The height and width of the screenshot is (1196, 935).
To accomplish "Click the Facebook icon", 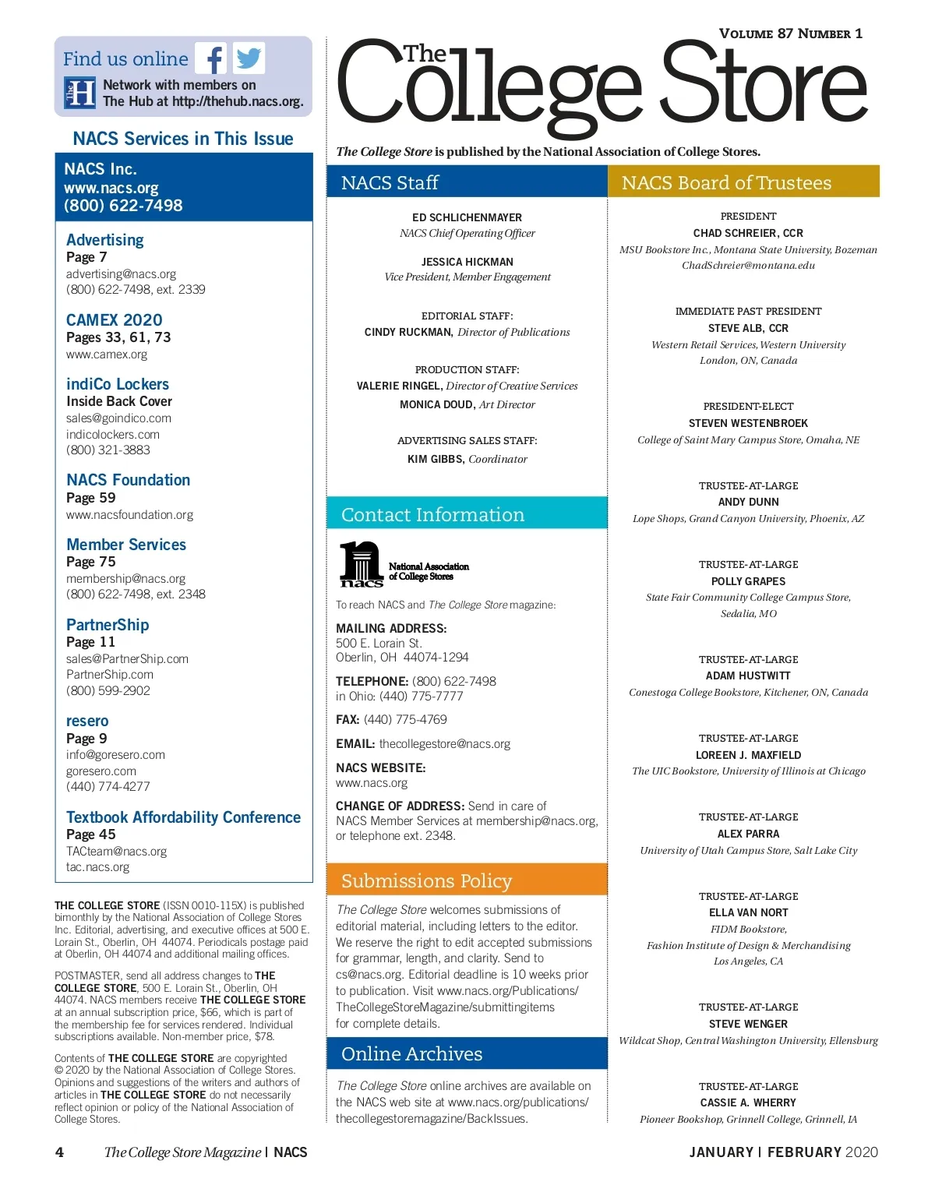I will pos(211,58).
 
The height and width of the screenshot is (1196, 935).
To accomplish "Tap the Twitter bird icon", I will pos(249,58).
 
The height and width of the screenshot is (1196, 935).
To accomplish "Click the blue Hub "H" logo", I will pos(80,93).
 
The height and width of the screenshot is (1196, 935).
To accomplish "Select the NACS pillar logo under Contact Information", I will pos(361,564).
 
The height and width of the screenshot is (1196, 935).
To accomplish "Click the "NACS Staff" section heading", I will pos(390,183).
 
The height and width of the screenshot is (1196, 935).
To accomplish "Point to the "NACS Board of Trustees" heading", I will pos(726,183).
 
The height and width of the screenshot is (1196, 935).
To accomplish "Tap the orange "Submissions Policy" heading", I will pos(426,881).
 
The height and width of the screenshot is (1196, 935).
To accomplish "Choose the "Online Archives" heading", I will pos(411,1054).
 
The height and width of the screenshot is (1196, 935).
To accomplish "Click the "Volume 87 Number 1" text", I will pos(790,34).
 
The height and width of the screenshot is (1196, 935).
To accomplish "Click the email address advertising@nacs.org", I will pos(121,274).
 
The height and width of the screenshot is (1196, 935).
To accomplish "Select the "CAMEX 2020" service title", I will pos(114,320).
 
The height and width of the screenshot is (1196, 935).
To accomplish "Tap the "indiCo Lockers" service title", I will pos(118,384).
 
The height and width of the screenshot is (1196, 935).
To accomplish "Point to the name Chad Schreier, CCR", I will pos(748,233).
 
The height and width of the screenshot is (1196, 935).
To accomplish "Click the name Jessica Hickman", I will pos(467,262).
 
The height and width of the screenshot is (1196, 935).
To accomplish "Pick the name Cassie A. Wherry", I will pos(748,1103).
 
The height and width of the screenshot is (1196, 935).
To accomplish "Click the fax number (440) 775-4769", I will pos(405,720).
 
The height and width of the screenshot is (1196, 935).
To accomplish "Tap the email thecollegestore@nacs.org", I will pos(444,744).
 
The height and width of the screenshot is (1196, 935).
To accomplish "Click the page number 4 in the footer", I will pos(59,1152).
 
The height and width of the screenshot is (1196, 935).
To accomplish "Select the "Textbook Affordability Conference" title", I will pos(183,817).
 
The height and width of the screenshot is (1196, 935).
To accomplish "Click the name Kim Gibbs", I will pos(435,460).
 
